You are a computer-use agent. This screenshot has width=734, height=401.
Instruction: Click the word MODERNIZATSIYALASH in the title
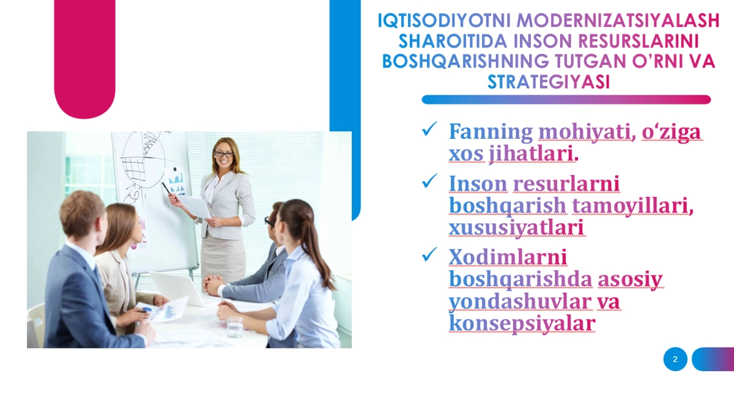[x=618, y=20]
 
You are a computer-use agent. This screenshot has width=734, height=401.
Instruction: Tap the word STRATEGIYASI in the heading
[x=549, y=82]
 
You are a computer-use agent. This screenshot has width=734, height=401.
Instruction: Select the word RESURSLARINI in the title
[x=639, y=41]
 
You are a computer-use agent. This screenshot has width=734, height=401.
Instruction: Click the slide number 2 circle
[x=675, y=359]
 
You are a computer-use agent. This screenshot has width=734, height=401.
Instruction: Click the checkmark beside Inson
[x=429, y=181]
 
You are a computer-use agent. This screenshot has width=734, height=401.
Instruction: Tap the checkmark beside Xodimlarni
[x=429, y=254]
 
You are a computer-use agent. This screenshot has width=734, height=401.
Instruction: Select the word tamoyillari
[x=632, y=206]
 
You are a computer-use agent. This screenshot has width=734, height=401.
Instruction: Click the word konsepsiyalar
[x=522, y=323]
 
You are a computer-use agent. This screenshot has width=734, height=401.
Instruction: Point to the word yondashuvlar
[x=521, y=301]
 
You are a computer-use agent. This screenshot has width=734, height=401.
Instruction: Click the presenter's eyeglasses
[x=223, y=154]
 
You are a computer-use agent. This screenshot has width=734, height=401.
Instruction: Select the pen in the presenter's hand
[x=166, y=188]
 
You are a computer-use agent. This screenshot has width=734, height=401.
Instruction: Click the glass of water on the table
[x=235, y=326]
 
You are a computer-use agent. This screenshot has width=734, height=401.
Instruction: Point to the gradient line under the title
[x=566, y=100]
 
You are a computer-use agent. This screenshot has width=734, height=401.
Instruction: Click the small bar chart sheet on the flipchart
[x=176, y=181]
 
